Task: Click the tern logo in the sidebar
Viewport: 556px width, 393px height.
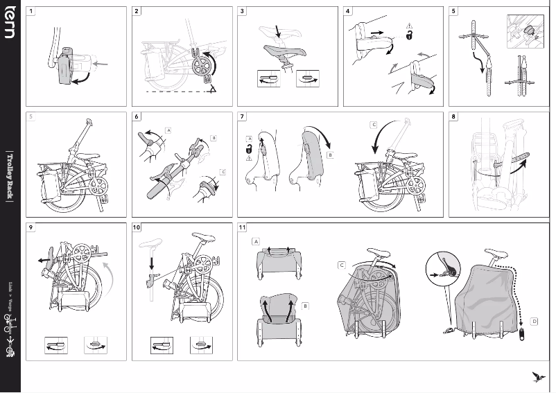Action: coord(10,24)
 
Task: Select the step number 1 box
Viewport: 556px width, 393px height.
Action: coord(31,12)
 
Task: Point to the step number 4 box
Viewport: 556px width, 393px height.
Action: coord(349,12)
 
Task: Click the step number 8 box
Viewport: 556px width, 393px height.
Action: coord(454,117)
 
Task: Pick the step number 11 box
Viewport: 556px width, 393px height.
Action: coord(243,228)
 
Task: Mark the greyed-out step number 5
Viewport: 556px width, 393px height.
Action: coord(31,117)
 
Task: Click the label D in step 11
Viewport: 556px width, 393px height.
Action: coord(534,321)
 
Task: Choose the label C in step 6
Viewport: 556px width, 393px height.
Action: coord(223,171)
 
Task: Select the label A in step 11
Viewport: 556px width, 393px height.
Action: coord(256,242)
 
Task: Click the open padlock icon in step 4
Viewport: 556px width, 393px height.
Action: coord(409,35)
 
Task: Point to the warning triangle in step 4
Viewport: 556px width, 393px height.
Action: coord(409,26)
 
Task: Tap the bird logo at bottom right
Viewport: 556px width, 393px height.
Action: coord(535,376)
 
